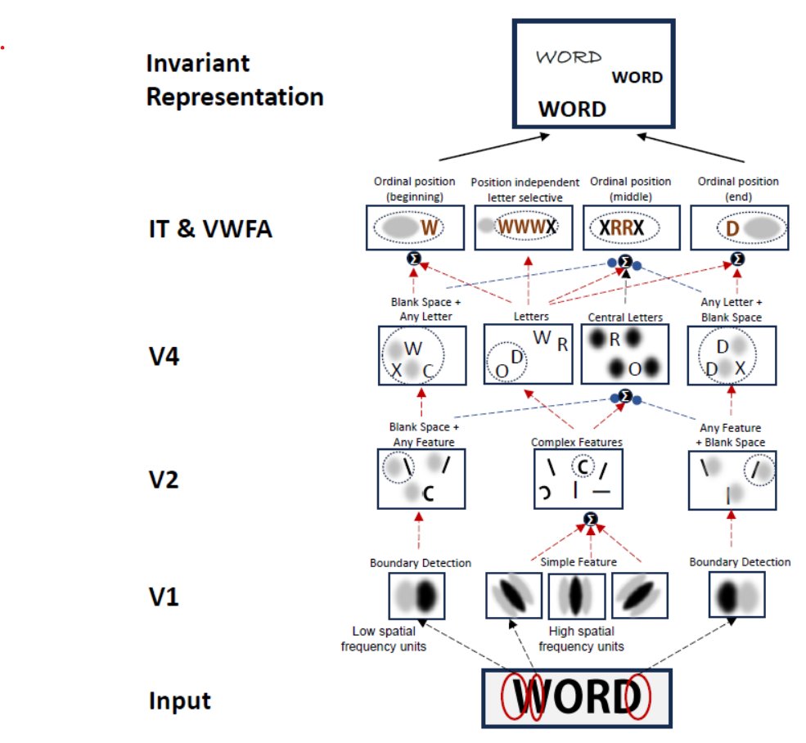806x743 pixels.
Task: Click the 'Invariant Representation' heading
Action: tap(235, 80)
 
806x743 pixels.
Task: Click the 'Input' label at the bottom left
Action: tap(179, 701)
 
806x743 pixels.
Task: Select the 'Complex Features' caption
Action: tap(576, 442)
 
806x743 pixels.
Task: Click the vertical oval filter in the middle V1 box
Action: tap(576, 595)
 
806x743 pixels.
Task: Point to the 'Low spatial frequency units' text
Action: tap(389, 638)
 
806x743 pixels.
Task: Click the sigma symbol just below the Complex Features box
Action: tap(591, 519)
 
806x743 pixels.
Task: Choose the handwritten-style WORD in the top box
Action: tap(568, 57)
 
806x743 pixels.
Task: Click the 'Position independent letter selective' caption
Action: tap(525, 188)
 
